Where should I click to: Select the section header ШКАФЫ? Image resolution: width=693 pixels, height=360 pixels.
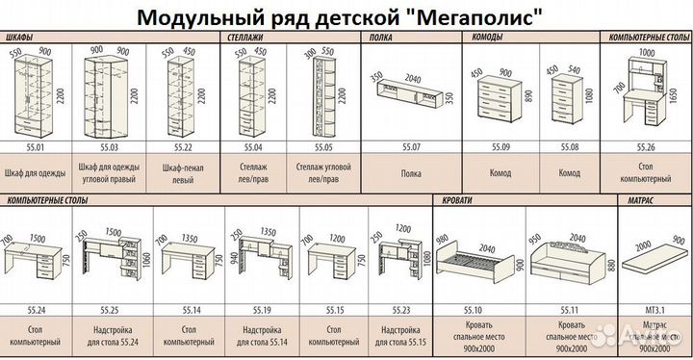coord(21,36)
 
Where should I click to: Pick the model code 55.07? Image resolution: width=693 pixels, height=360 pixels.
coord(413,149)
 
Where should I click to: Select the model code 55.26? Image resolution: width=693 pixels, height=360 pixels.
coord(647,149)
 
